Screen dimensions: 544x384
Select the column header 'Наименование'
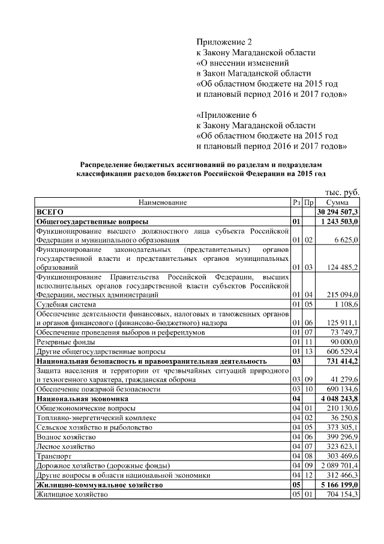[163, 203]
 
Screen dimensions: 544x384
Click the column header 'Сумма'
[338, 203]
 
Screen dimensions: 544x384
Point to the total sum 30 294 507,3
[338, 212]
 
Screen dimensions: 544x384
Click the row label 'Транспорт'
[52, 456]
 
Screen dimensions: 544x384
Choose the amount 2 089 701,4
[340, 465]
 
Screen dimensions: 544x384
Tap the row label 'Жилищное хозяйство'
[72, 494]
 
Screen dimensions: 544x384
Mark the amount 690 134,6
[342, 389]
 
